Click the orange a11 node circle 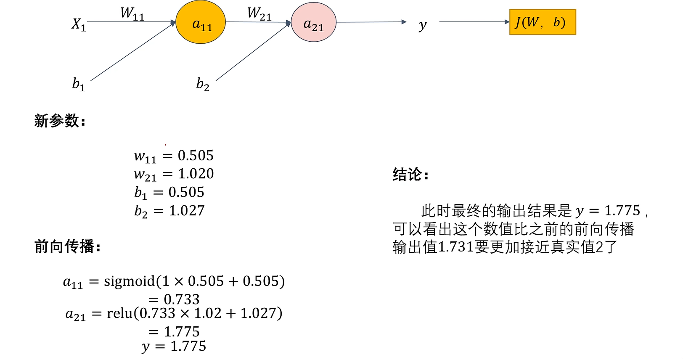[x=201, y=22]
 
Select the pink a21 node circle [x=313, y=22]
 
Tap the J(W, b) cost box [x=542, y=22]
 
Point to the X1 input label [x=79, y=24]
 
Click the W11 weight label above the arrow [x=132, y=13]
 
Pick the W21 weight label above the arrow [x=259, y=13]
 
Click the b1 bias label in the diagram [x=79, y=84]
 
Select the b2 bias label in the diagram [x=203, y=84]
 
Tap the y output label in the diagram [x=422, y=25]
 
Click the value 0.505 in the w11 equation [x=196, y=156]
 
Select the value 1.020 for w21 [x=196, y=174]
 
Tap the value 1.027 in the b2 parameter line [x=187, y=210]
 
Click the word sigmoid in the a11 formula [x=130, y=281]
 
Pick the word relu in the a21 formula [x=120, y=313]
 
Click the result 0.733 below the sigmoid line [x=181, y=299]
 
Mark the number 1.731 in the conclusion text [x=456, y=247]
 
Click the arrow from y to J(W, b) [x=474, y=22]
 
